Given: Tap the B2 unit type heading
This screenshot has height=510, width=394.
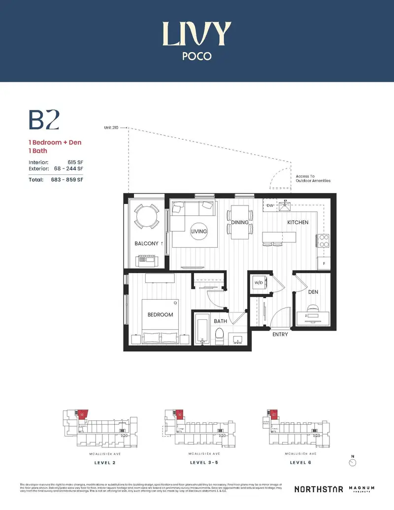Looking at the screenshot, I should (x=44, y=121).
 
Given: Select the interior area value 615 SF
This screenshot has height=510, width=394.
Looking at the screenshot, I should (x=73, y=162).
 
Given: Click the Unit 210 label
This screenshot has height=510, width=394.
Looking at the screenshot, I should (x=111, y=127).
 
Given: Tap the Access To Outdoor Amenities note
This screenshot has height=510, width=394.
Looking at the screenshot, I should (x=313, y=178).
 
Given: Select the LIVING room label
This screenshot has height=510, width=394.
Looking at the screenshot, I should (x=199, y=231).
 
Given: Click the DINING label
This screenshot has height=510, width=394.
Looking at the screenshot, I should (x=240, y=223).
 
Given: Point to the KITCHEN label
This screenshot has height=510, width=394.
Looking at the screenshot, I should (x=297, y=223).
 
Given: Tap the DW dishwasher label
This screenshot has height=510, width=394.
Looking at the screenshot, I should (x=270, y=205).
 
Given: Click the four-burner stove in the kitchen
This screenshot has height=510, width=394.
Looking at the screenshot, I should (x=324, y=240).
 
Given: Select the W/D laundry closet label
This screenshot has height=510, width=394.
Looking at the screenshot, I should (x=258, y=283).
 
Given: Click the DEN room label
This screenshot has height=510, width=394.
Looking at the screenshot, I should (x=313, y=292).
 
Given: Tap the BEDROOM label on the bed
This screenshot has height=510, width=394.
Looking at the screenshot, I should (x=161, y=314).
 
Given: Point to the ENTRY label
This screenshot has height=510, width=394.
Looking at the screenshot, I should (x=280, y=335).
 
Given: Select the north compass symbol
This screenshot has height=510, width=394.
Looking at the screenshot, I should (x=352, y=463).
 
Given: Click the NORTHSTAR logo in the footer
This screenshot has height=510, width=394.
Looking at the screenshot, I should (x=318, y=489).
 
